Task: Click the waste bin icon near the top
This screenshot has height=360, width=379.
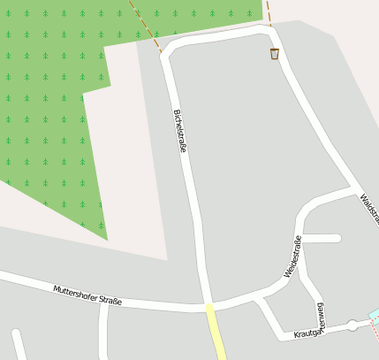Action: [x=275, y=54]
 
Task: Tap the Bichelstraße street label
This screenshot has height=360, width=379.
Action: [x=180, y=131]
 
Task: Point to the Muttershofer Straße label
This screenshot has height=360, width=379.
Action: [x=87, y=295]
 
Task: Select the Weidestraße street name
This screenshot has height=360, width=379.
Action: [x=292, y=257]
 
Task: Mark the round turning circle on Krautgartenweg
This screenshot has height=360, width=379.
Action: [x=352, y=326]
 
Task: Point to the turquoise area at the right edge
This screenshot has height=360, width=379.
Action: [x=374, y=316]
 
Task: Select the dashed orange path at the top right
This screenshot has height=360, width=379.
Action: [x=267, y=11]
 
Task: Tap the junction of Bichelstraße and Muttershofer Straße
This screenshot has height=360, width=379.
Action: [x=209, y=306]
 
